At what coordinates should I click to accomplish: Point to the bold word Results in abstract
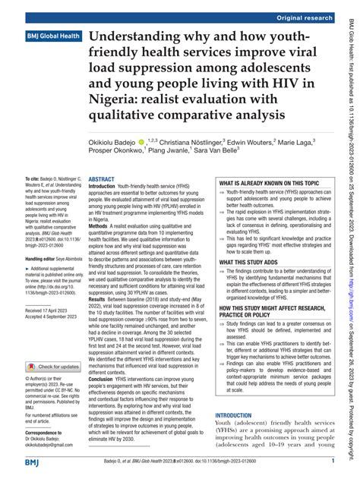coord(100,320)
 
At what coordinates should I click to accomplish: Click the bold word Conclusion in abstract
coord(105,390)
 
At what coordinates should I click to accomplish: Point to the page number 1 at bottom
coord(332,462)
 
